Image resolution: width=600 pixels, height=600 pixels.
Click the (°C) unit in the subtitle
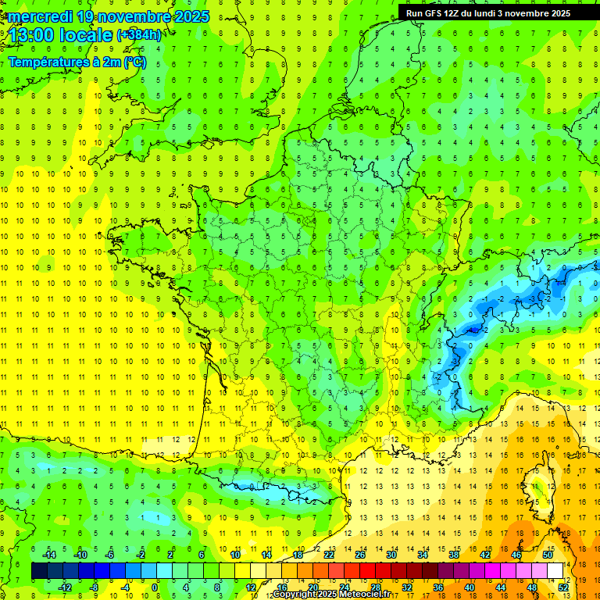tap(134, 62)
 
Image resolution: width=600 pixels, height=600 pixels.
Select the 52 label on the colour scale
tap(563, 587)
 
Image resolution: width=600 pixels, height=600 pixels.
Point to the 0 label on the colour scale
tap(155, 587)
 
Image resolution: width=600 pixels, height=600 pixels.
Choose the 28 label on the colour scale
tap(376, 587)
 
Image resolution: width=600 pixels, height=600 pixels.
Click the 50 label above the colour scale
tap(548, 555)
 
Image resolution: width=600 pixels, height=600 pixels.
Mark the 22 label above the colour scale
tap(329, 555)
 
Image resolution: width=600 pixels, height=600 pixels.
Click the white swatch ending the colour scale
tap(555, 571)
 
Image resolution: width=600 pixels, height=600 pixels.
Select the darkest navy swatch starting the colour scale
tap(39, 571)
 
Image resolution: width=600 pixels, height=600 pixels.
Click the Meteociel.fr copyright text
tap(331, 595)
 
